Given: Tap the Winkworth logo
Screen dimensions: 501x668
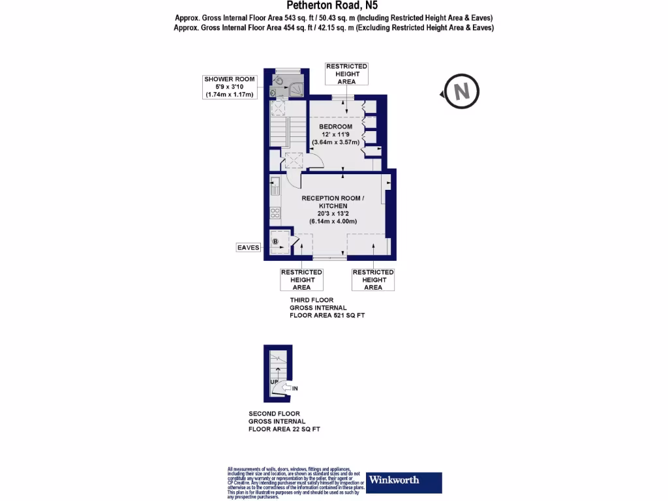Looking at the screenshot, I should [404, 482].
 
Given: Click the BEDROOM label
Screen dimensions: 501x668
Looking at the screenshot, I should [335, 127].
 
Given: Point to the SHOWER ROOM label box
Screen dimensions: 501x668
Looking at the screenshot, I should [229, 87].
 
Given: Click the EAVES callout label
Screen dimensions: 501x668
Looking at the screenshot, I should [249, 247].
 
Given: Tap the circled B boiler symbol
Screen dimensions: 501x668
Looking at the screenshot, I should [275, 242].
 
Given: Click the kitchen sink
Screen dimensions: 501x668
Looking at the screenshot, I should [275, 184].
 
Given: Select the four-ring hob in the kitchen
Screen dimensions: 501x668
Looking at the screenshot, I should [275, 212].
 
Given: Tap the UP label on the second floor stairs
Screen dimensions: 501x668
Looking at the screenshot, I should [275, 381].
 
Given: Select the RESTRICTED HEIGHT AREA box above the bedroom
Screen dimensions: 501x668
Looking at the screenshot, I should [346, 74].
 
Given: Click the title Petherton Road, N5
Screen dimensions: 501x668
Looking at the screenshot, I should [333, 6].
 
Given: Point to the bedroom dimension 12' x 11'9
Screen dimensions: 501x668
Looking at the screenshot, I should [335, 134].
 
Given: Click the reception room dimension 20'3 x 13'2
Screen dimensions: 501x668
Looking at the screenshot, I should [333, 213].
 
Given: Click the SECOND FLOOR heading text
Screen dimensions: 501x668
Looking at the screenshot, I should [274, 414].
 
